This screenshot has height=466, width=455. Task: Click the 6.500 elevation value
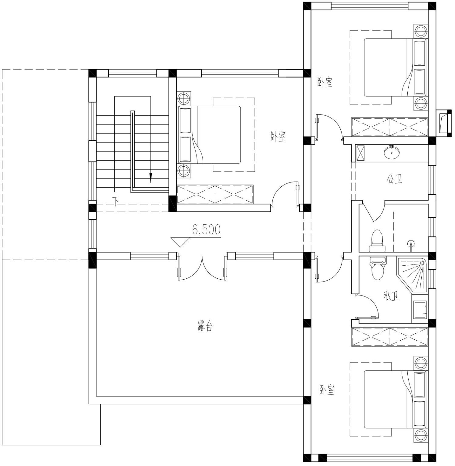[x=206, y=230]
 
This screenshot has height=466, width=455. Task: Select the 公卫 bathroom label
[x=394, y=179]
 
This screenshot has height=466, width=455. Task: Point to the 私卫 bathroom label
[x=391, y=296]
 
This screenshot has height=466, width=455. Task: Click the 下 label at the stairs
[x=116, y=201]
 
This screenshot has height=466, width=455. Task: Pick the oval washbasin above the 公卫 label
[x=392, y=152]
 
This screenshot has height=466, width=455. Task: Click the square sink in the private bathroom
[x=420, y=310]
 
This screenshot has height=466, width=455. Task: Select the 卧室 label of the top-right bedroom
[x=325, y=82]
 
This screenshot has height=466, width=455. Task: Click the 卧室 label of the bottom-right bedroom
[x=327, y=389]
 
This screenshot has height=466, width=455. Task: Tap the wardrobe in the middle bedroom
[x=215, y=194]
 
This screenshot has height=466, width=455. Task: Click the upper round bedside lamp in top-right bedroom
[x=421, y=31]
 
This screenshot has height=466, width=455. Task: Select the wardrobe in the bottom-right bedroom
[x=389, y=337]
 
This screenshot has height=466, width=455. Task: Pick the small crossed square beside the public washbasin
[x=361, y=152]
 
